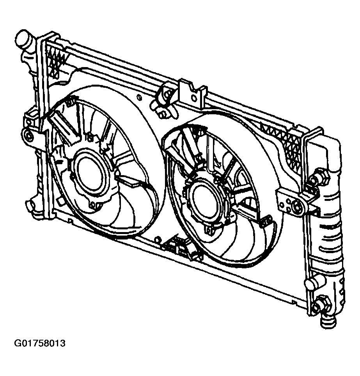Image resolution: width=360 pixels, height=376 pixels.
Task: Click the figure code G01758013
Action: coord(40,344)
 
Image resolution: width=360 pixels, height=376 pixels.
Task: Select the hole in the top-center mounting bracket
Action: coord(194,98)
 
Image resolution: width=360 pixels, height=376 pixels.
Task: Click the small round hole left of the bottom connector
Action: coord(157,239)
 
